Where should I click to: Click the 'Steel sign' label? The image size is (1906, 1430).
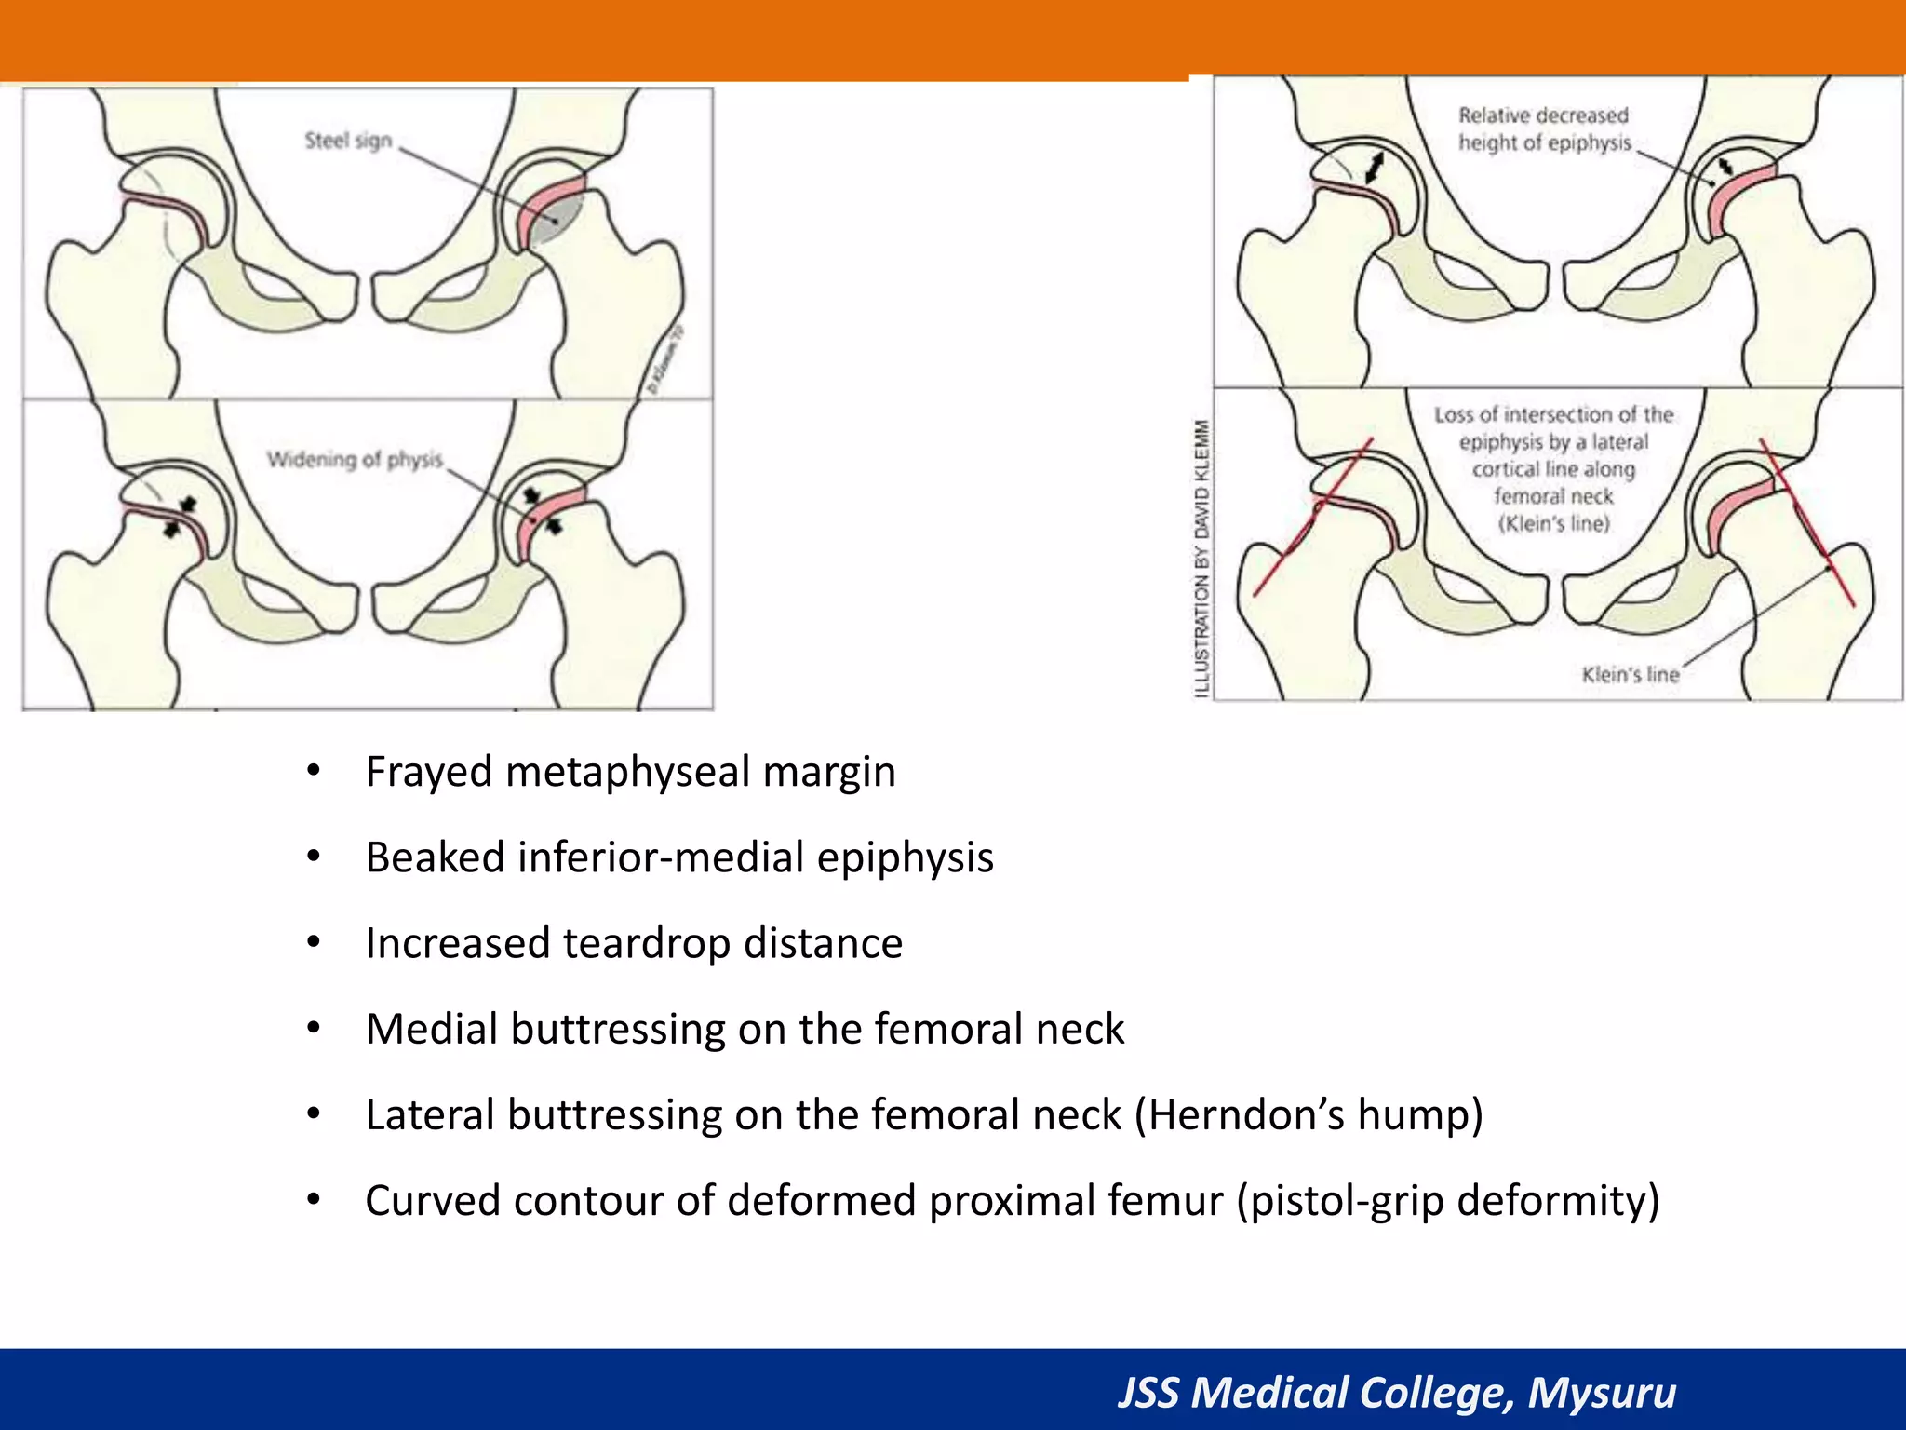(x=348, y=141)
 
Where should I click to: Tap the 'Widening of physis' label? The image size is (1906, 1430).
(x=355, y=459)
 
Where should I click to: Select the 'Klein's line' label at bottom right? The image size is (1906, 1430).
(x=1631, y=674)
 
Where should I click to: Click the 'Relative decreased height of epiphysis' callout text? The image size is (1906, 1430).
(x=1544, y=129)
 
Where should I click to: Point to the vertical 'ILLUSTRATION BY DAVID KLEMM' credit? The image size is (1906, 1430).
(x=1201, y=558)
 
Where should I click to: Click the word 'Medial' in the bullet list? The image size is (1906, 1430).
(x=431, y=1029)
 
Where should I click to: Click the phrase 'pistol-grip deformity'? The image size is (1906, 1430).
(x=1447, y=1200)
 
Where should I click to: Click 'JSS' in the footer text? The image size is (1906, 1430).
(x=1149, y=1393)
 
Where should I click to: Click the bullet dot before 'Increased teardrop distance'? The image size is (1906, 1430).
(x=314, y=943)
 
